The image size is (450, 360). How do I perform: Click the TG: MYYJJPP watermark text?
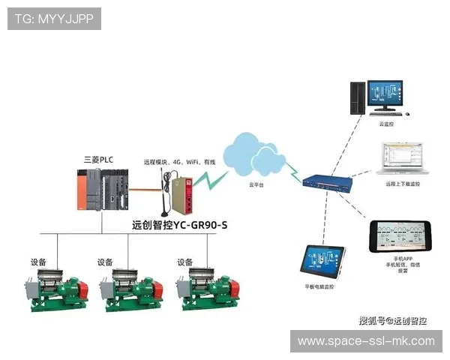pos(53,19)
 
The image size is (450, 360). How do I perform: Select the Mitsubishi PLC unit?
pos(103,190)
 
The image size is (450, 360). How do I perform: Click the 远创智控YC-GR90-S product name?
pos(178,224)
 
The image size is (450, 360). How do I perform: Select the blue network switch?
pos(325,181)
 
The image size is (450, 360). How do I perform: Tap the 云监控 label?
pos(386,124)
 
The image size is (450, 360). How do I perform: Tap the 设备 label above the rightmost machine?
pos(185,262)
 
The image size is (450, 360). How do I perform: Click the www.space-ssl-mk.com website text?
pos(366,341)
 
